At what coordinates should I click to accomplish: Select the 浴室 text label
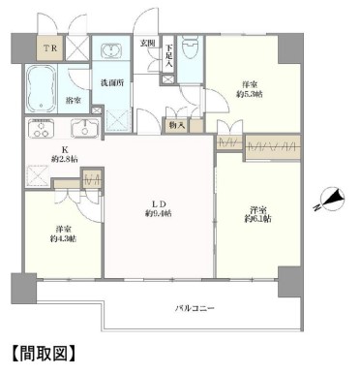point(72,100)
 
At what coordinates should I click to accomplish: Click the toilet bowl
point(191,49)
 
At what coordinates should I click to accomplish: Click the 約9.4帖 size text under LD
point(159,213)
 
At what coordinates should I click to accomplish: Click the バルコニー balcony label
point(195,309)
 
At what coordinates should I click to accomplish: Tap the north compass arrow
point(331,201)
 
